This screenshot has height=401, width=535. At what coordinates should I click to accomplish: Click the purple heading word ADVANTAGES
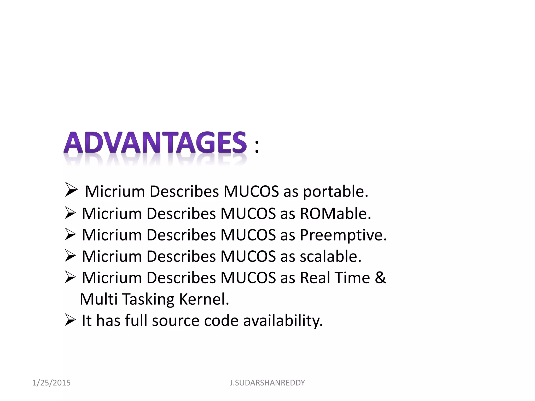click(155, 143)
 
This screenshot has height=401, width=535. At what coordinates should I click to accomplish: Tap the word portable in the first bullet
click(335, 192)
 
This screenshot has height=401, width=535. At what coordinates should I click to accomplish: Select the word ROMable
click(335, 214)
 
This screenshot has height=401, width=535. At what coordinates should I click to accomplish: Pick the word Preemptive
click(343, 235)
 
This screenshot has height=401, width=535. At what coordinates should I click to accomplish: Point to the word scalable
click(330, 256)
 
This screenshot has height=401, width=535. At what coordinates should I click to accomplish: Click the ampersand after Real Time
click(380, 278)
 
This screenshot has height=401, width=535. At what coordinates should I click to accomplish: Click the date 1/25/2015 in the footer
click(51, 383)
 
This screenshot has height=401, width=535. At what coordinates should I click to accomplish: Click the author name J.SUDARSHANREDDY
click(267, 383)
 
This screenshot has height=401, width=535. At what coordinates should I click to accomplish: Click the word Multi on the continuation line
click(98, 299)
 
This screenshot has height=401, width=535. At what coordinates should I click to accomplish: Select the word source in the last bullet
click(176, 321)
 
